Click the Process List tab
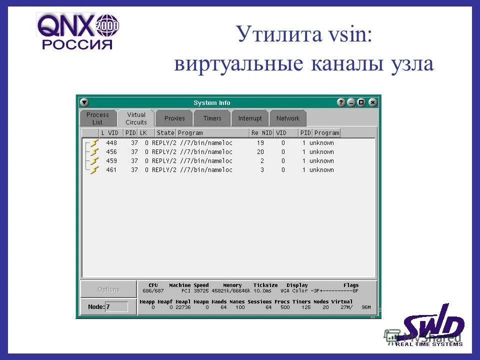tap(97, 118)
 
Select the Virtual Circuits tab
tap(136, 118)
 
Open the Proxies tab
tap(174, 118)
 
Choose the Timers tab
tap(212, 118)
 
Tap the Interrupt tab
tap(250, 118)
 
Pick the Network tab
tap(288, 118)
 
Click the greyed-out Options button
tap(108, 289)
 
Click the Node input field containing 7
tap(116, 306)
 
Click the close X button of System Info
tap(372, 102)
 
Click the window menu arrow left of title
tap(84, 102)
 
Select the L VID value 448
tap(111, 143)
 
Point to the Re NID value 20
tap(260, 152)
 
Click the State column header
tap(165, 133)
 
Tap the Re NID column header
tap(261, 133)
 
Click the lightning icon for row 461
tap(94, 170)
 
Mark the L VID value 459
tap(111, 161)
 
